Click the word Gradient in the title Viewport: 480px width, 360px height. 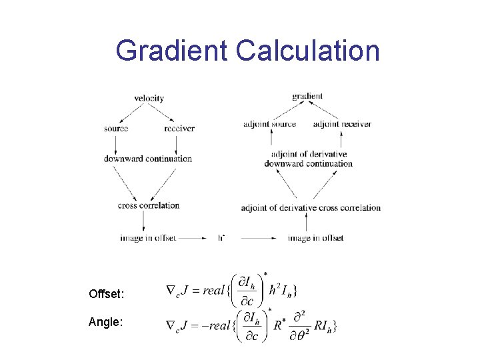click(x=171, y=51)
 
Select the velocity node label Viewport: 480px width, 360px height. click(x=149, y=98)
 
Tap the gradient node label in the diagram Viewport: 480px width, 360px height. click(x=307, y=96)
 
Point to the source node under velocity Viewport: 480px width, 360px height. click(x=115, y=128)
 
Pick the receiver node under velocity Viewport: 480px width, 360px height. click(x=179, y=128)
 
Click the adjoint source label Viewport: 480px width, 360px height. click(x=269, y=124)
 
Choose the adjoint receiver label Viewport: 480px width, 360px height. click(x=341, y=124)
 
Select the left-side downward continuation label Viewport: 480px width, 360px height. click(x=148, y=159)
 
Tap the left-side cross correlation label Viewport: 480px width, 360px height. click(x=149, y=205)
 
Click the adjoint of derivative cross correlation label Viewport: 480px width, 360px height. click(x=311, y=207)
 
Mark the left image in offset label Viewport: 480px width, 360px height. click(x=148, y=238)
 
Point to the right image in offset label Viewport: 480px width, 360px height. click(x=315, y=238)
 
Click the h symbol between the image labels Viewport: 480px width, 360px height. click(x=221, y=237)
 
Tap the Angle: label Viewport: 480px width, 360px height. click(x=105, y=322)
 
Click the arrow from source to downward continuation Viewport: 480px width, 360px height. click(x=115, y=143)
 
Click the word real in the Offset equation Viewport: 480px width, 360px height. click(x=213, y=290)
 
